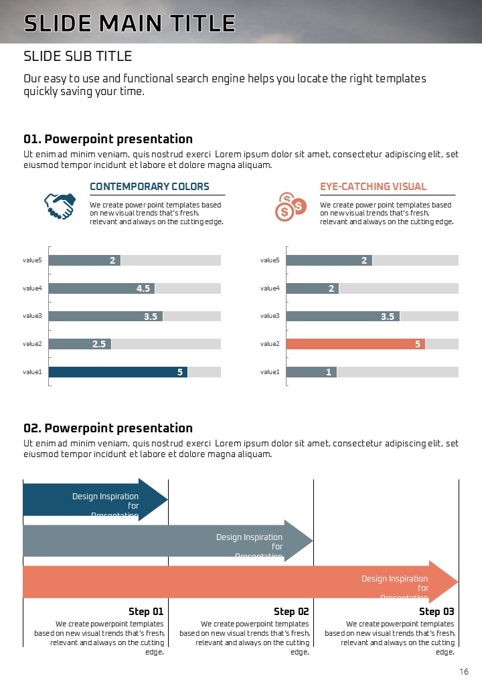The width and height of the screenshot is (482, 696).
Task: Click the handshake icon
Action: coord(59,206)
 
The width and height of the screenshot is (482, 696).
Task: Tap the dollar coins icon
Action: coord(290,207)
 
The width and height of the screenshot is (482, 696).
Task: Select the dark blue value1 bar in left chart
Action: coord(118,372)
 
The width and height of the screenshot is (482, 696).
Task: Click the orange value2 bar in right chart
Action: coord(355,344)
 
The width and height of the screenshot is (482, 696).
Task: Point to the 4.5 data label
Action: coord(143,288)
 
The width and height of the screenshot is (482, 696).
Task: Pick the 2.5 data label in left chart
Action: coord(99,344)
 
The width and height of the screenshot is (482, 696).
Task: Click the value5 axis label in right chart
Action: coord(270,260)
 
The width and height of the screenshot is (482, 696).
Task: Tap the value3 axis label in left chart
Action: coord(32,316)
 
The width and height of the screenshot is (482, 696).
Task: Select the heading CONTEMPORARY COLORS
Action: coord(149,187)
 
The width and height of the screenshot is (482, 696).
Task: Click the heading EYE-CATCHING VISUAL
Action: coord(373,187)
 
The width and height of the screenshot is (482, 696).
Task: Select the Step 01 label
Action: coord(146,611)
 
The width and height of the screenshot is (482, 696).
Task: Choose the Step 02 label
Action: coord(291,611)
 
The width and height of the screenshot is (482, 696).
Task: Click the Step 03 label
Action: coord(436,611)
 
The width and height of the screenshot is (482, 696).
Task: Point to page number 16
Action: coord(464,672)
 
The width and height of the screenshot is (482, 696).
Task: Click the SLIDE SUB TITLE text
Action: coord(78,56)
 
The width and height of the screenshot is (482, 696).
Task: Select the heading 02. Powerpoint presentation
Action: coord(108,428)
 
